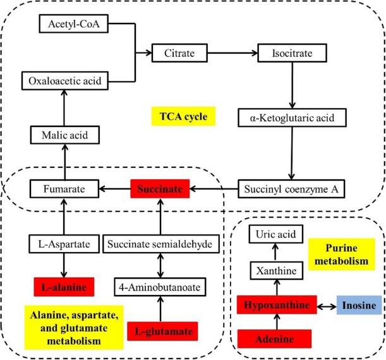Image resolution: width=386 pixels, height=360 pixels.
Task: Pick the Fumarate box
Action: point(63,188)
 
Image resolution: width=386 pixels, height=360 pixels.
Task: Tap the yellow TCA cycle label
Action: point(184,116)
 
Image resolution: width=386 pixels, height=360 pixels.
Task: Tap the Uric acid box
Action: point(274,234)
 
